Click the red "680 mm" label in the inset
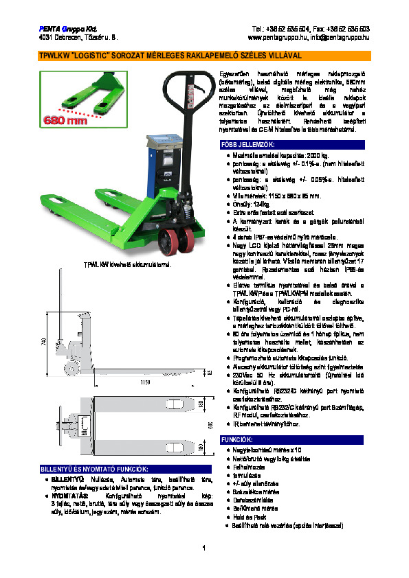(x=66, y=122)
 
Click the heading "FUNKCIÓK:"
(x=237, y=439)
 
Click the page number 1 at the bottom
(x=204, y=547)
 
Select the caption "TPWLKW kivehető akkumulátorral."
(x=126, y=264)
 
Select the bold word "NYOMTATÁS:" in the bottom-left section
(x=68, y=493)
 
